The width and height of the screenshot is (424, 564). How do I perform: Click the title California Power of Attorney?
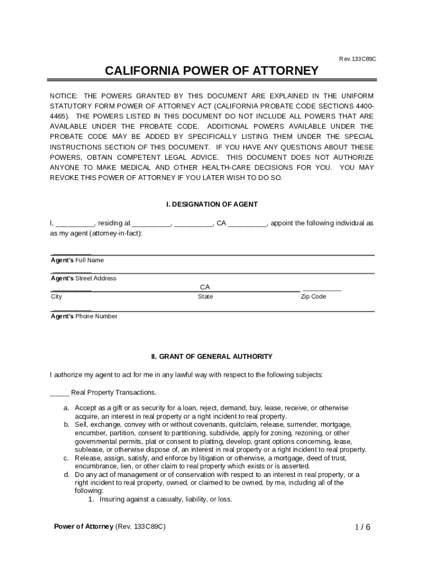click(211, 71)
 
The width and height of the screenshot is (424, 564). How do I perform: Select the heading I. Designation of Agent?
click(212, 204)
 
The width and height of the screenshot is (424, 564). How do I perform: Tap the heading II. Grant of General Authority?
click(212, 357)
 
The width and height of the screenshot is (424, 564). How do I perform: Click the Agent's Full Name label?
click(77, 260)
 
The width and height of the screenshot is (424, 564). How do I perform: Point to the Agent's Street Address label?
click(84, 278)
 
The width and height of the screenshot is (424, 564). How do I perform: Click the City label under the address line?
click(56, 297)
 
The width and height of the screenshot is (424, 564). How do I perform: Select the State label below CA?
click(205, 297)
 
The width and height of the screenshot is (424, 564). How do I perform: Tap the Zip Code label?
click(313, 297)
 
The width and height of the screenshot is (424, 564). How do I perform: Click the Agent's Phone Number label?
click(84, 316)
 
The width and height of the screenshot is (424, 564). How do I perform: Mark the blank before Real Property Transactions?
click(59, 393)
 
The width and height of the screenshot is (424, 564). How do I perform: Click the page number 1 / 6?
click(362, 527)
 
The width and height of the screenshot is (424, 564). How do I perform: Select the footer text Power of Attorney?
click(83, 527)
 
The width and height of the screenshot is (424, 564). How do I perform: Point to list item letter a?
click(66, 408)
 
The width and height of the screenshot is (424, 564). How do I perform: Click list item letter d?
click(66, 474)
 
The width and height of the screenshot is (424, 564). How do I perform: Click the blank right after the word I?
click(75, 224)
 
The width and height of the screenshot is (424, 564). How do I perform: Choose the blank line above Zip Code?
click(322, 289)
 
